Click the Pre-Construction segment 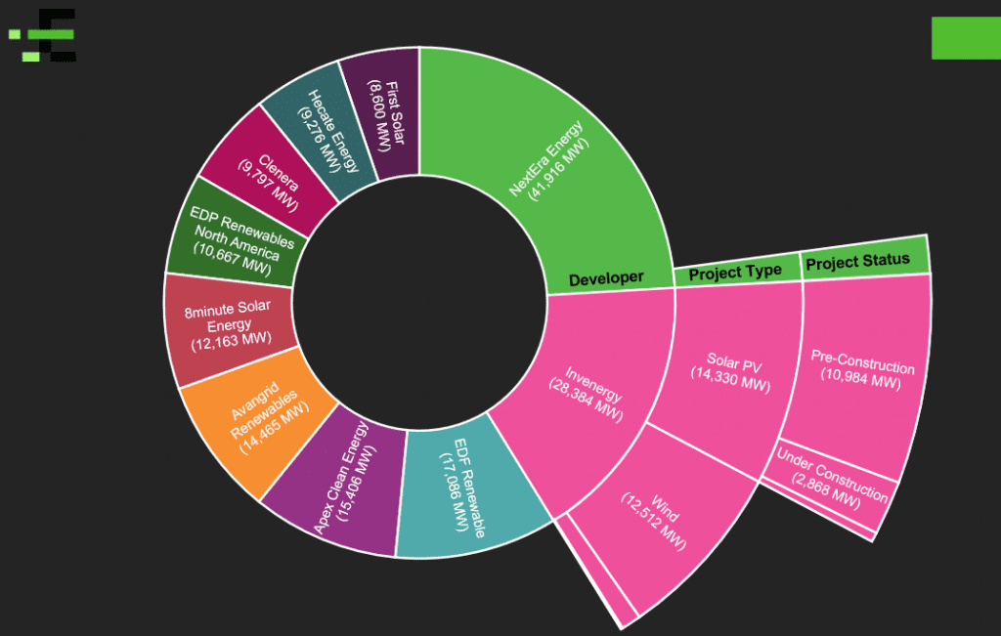point(860,371)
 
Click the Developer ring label point(606,278)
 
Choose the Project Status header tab point(858,261)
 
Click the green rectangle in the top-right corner point(965,38)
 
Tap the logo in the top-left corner point(44,36)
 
